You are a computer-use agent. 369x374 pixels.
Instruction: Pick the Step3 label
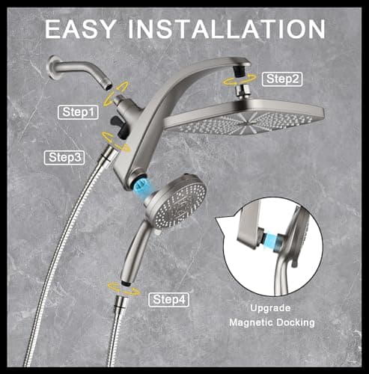(x=65, y=157)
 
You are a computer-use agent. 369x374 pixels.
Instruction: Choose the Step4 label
(x=168, y=300)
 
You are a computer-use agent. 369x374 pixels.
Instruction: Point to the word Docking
(x=296, y=323)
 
